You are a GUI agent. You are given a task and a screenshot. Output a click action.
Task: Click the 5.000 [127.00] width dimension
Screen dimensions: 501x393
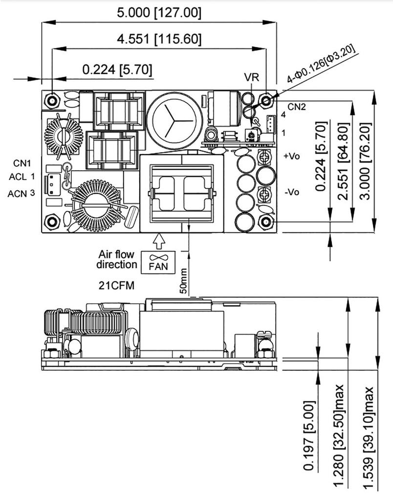(x=158, y=13)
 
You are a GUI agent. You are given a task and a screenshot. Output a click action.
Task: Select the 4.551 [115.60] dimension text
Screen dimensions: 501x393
(x=158, y=39)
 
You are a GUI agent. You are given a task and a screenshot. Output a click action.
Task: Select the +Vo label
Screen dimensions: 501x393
(x=291, y=156)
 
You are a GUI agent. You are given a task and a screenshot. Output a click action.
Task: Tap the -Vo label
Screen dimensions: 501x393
(x=291, y=192)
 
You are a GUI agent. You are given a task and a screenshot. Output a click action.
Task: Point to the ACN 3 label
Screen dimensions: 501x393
(x=21, y=194)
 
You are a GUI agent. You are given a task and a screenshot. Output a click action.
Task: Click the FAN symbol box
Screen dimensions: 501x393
(x=157, y=262)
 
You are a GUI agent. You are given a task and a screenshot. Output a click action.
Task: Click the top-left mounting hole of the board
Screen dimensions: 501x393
(x=52, y=101)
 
